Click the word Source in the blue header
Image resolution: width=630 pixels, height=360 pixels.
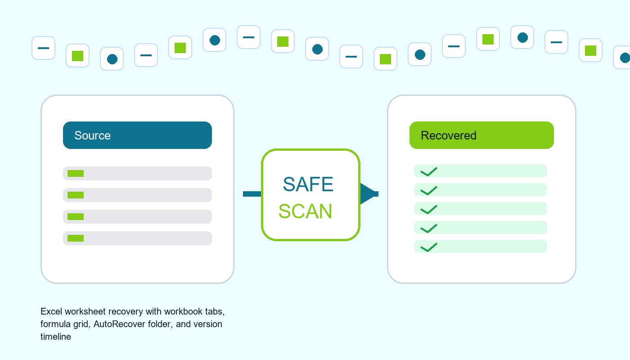point(92,135)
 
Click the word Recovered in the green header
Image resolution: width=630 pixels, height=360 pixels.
point(448,135)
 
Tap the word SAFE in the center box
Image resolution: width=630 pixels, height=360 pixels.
point(308,184)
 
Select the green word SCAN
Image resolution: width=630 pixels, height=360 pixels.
point(305,211)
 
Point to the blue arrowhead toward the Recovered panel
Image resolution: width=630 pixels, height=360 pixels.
point(369,193)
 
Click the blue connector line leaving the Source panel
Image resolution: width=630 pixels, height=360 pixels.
point(252,194)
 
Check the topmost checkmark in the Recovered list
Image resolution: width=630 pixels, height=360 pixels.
point(428,171)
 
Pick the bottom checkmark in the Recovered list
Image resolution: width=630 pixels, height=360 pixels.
point(428,247)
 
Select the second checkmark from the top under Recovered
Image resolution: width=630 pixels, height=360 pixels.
point(428,191)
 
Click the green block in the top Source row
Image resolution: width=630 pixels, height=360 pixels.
point(76,174)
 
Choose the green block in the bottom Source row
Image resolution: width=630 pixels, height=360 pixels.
point(76,238)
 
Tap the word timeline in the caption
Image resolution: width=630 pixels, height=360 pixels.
point(56,337)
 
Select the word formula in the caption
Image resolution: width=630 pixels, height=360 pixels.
point(55,324)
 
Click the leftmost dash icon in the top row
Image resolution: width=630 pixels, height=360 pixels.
point(43,48)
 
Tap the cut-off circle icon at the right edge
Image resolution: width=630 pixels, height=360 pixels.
point(623,58)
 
